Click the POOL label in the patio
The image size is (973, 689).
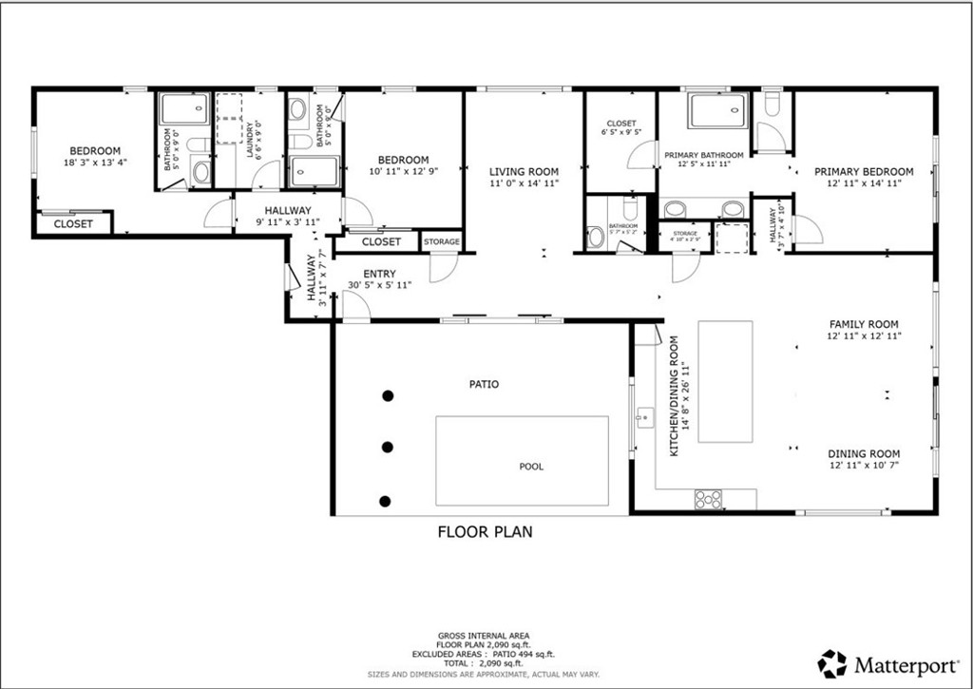[531, 467]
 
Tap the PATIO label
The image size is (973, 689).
[484, 385]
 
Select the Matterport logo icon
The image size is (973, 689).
[832, 662]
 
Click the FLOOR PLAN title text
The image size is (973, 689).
[485, 532]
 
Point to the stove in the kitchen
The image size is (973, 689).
[709, 498]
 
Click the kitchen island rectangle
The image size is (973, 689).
[725, 381]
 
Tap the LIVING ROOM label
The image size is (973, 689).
[524, 172]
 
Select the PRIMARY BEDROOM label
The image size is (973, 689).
[864, 172]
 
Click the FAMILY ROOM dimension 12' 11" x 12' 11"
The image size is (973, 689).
[864, 336]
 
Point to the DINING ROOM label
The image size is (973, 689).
[864, 453]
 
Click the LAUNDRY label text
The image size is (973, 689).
[250, 140]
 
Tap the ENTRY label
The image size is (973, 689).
[379, 274]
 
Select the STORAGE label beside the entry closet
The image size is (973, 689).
[441, 242]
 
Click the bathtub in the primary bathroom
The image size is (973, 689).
[718, 110]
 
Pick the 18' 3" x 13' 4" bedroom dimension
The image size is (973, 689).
[95, 163]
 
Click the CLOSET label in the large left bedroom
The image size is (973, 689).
[73, 224]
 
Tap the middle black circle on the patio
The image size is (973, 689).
[387, 447]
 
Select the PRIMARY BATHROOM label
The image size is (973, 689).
[703, 155]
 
